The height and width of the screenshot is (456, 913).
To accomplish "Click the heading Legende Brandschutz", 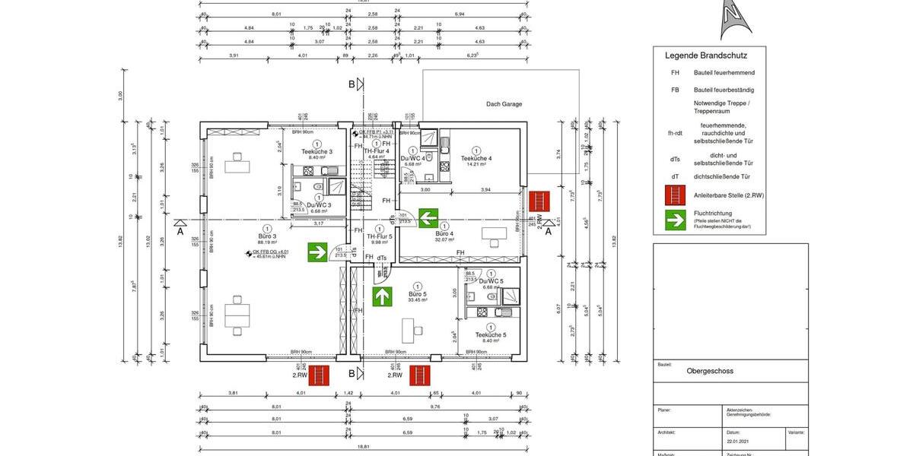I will [706, 55].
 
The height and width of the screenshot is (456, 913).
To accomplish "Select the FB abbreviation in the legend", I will [674, 90].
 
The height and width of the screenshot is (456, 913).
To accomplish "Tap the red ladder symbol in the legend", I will [675, 195].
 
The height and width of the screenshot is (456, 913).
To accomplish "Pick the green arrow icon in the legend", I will [675, 220].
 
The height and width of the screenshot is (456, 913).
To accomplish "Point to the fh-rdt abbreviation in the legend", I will [674, 134].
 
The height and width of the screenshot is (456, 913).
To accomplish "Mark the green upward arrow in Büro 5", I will [381, 296].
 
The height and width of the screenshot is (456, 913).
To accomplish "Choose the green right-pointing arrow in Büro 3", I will [317, 252].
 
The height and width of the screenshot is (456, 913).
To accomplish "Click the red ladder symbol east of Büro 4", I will [539, 201].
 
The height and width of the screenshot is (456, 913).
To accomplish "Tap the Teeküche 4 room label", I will [476, 158].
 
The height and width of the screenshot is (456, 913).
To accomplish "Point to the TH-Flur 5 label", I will [380, 236].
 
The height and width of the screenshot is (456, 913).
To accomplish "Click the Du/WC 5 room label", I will [491, 281].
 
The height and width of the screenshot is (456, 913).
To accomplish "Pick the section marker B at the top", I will [352, 84].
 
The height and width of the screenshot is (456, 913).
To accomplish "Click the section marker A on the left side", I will [180, 232].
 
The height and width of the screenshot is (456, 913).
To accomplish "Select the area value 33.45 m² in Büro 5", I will [416, 300].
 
